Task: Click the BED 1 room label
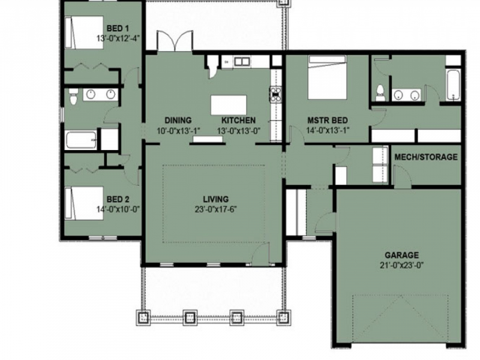118,28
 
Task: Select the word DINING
178,120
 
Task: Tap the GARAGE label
403,254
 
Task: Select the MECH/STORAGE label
425,157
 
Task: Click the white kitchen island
229,104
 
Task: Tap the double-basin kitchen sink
242,61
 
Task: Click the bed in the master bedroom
327,78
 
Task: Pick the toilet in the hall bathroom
72,95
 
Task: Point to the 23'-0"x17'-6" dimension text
215,210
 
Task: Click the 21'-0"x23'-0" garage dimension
403,265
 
